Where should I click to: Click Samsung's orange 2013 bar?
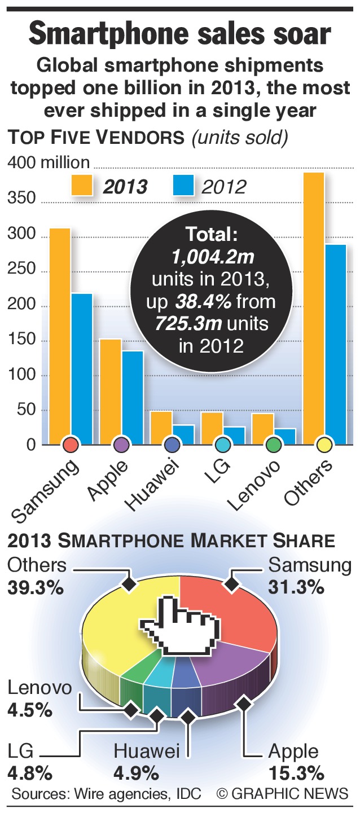coord(60,333)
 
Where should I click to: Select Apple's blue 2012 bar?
coord(132,395)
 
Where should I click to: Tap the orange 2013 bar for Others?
coord(314,305)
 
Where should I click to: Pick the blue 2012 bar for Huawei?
coord(183,434)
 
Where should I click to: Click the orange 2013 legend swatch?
coord(82,185)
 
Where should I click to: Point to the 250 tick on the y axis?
coord(22,271)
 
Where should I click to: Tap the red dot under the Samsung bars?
coord(71,445)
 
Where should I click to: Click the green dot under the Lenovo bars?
coord(274,445)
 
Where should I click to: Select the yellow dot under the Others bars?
coord(324,445)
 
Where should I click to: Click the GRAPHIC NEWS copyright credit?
coord(283,793)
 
